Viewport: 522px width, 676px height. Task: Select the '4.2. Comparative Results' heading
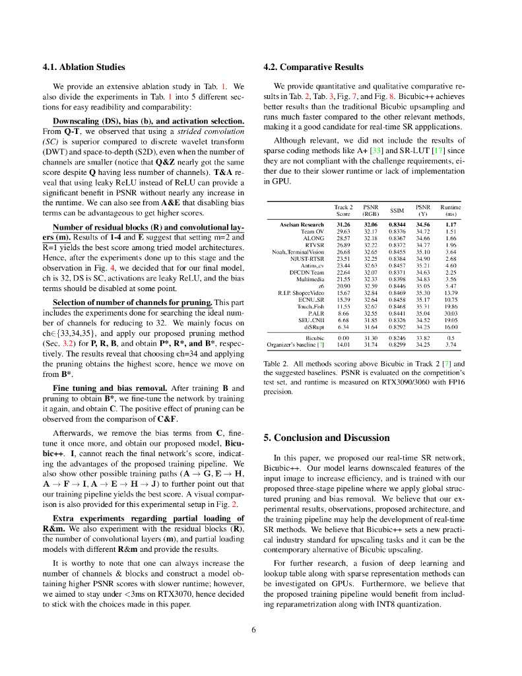point(313,67)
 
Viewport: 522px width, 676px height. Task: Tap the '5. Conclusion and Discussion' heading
point(327,438)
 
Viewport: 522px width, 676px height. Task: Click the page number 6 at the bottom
point(253,629)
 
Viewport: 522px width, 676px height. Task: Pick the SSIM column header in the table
point(397,211)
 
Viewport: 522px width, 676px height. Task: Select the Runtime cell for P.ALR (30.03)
point(451,313)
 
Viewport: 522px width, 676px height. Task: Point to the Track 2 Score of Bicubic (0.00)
point(343,337)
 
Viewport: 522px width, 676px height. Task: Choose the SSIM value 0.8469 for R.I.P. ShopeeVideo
point(397,292)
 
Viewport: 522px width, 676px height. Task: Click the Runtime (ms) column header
point(451,211)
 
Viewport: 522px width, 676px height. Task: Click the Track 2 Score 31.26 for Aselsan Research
point(343,224)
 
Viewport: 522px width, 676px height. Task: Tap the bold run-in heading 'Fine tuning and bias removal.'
point(110,388)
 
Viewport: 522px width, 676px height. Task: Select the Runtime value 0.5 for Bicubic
point(451,337)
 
